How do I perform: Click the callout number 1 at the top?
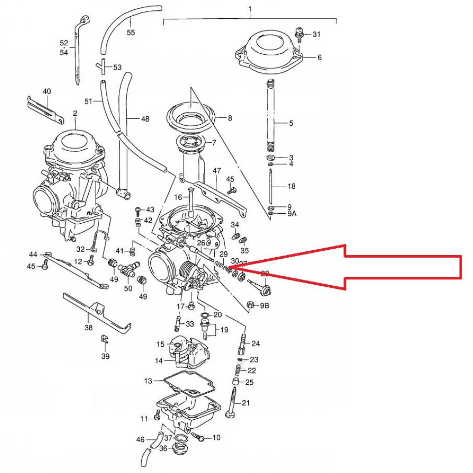[250, 9]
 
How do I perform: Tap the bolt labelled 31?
[299, 34]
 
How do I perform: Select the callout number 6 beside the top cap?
[319, 58]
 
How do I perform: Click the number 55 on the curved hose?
[131, 33]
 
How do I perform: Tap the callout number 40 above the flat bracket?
[47, 92]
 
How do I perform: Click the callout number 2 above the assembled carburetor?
[75, 114]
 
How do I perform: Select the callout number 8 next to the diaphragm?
[230, 118]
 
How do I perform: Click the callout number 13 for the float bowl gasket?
[148, 381]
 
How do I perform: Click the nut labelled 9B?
[250, 305]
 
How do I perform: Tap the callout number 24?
[255, 343]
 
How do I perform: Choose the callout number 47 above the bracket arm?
[216, 170]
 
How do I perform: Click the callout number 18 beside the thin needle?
[291, 186]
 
